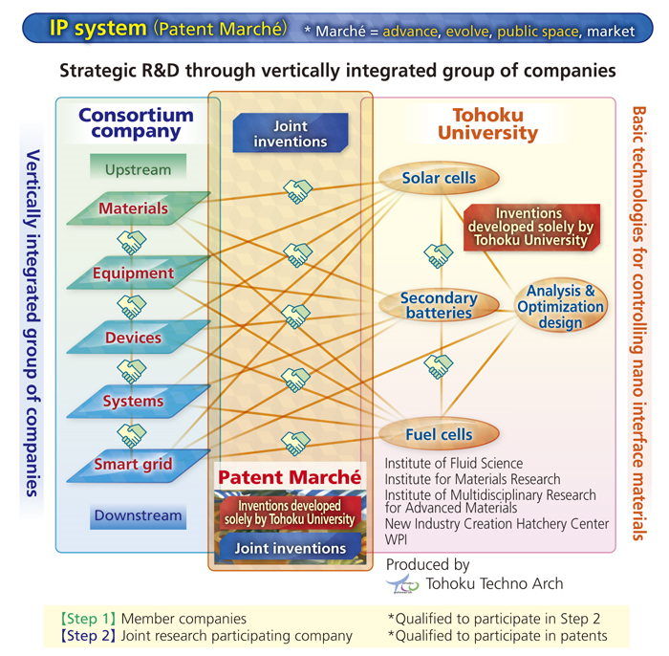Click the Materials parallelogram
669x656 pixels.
(139, 208)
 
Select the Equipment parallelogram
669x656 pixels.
(139, 273)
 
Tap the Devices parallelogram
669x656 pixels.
(139, 338)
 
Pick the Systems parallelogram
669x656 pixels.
(139, 402)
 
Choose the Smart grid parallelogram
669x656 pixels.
(139, 465)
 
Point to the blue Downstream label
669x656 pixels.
(138, 516)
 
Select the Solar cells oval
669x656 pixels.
(439, 178)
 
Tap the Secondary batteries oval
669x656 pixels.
(439, 305)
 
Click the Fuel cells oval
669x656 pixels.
(439, 434)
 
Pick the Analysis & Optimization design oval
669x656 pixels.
(561, 306)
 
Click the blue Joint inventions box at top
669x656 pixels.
(291, 133)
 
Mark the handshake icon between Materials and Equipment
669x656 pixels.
(132, 243)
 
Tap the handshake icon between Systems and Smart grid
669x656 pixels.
(132, 435)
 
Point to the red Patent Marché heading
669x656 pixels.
(290, 477)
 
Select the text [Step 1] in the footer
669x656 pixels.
(88, 619)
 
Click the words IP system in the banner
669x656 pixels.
(98, 28)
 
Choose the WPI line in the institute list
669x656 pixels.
(396, 539)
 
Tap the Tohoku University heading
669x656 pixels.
(488, 123)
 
